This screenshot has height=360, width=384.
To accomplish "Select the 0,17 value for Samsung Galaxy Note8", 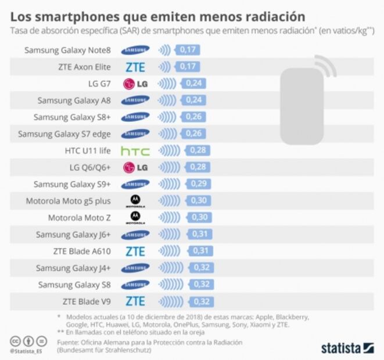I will click(188, 50).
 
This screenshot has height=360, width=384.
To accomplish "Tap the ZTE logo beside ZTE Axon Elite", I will click(135, 67).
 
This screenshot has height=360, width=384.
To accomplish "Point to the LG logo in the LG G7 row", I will click(135, 84).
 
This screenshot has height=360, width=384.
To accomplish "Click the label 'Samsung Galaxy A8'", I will click(74, 100).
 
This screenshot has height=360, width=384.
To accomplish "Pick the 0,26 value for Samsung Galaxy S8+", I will click(192, 117).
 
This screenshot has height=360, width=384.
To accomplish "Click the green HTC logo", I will click(135, 151).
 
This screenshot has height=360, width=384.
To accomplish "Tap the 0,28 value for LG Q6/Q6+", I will click(198, 168).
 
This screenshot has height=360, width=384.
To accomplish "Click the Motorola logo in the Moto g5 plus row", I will click(135, 201).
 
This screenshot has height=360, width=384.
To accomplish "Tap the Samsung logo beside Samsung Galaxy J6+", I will click(135, 235).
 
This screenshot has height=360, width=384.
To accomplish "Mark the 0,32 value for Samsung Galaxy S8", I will click(202, 285).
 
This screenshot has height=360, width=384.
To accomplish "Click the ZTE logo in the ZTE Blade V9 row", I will click(135, 301).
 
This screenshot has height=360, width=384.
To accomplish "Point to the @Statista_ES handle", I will click(27, 350).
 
